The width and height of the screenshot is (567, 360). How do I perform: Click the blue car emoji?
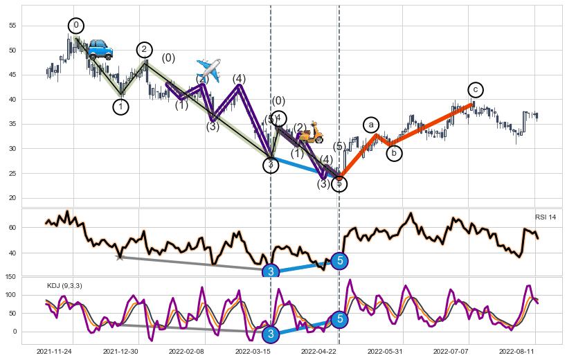click(100, 49)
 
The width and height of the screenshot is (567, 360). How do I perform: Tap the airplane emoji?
click(208, 68)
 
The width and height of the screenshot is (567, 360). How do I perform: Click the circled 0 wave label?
click(76, 26)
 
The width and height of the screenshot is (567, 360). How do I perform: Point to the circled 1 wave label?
click(120, 107)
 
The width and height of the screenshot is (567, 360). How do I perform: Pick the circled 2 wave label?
click(143, 50)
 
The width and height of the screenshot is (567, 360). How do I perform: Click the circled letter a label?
click(371, 125)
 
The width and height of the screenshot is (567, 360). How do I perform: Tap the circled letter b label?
click(394, 153)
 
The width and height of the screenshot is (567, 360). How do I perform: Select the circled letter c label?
click(475, 89)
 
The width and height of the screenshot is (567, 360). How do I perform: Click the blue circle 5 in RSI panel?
click(339, 260)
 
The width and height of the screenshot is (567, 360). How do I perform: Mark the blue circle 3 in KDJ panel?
click(271, 334)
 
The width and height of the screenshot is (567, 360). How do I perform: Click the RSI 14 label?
click(545, 217)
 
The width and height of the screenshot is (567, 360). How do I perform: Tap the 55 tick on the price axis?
click(10, 26)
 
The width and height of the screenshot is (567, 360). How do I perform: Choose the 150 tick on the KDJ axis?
click(9, 277)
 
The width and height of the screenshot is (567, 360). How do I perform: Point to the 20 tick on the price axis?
click(10, 198)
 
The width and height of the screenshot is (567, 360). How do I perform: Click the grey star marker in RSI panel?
click(120, 257)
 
